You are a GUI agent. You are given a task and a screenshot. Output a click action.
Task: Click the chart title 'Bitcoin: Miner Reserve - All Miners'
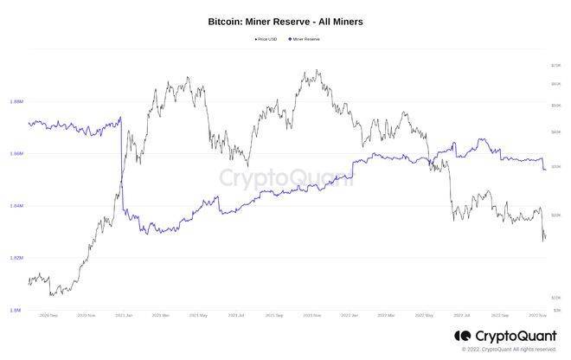[x=285, y=20]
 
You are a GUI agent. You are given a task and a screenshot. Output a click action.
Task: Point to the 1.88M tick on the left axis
[x=16, y=101]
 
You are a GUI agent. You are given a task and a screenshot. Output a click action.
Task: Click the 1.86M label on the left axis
[x=16, y=153]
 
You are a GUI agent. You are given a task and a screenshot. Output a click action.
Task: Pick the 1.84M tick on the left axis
[x=16, y=206]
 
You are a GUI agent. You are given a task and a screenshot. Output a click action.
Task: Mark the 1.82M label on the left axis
[x=16, y=258]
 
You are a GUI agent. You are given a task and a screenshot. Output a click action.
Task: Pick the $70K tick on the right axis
[x=556, y=66]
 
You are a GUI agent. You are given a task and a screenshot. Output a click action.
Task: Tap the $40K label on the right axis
[x=556, y=132]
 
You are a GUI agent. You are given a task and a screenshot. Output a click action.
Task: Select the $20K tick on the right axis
[x=556, y=215]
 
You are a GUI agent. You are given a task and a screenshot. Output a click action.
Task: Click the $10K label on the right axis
[x=556, y=297]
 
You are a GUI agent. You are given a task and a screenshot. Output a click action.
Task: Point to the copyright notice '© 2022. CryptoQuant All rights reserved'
[x=509, y=349]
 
